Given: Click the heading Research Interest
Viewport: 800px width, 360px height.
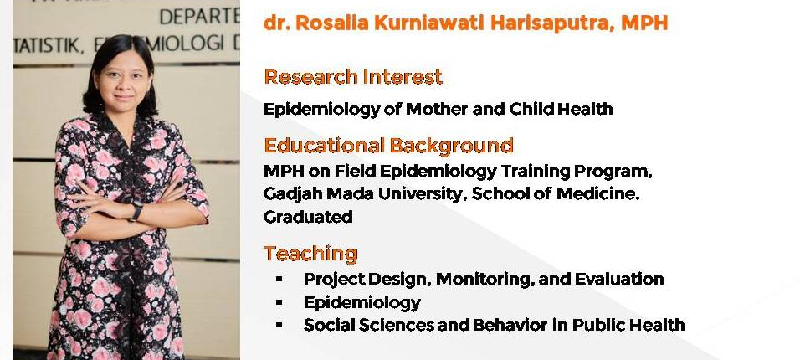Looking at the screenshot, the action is click(353, 77).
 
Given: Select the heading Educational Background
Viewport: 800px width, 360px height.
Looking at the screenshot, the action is click(388, 146).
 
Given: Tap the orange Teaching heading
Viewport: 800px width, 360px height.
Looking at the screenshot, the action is click(310, 254).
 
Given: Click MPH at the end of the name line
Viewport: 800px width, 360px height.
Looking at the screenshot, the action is click(644, 23).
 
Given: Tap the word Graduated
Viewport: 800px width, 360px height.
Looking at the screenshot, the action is click(308, 217).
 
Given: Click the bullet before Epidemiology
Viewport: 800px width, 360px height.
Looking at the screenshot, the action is click(279, 303).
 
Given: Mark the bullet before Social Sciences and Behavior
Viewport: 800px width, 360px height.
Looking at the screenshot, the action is click(279, 325).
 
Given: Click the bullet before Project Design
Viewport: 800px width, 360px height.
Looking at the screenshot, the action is click(279, 280).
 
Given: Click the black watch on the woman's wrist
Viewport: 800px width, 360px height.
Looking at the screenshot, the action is click(136, 211).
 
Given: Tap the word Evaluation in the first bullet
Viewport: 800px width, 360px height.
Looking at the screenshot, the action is click(619, 280).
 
